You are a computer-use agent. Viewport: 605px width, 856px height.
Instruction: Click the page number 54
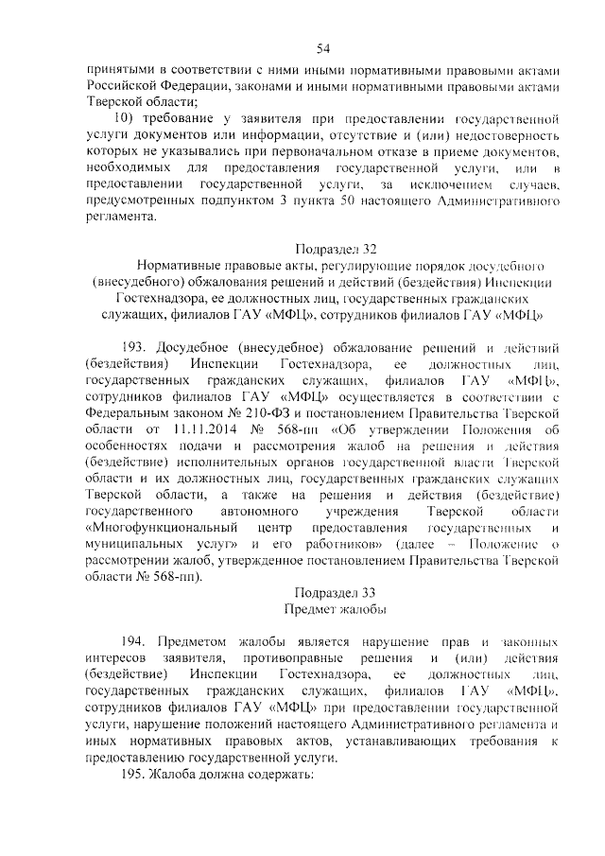click(323, 49)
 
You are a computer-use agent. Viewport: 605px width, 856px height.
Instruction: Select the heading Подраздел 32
click(337, 250)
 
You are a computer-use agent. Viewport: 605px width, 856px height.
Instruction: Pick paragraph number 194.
click(135, 641)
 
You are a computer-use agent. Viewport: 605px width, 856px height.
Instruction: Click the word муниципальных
click(131, 549)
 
